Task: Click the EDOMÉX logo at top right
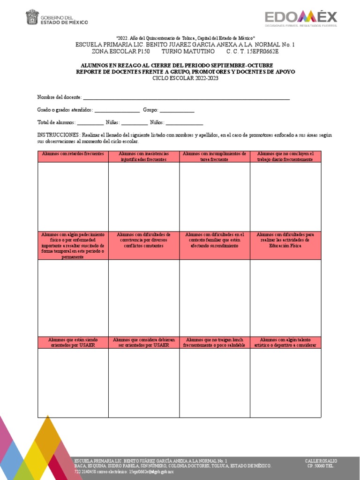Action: click(300, 19)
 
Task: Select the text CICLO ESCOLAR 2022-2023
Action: click(185, 78)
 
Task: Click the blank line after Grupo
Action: click(177, 110)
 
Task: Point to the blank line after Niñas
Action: click(134, 123)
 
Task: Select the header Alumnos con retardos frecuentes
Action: click(73, 154)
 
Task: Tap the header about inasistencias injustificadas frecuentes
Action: click(144, 157)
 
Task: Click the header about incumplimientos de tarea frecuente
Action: click(214, 157)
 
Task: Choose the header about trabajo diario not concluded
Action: click(285, 157)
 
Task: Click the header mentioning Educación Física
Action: click(285, 240)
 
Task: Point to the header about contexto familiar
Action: click(214, 240)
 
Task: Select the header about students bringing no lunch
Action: click(214, 342)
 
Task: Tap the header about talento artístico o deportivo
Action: click(285, 342)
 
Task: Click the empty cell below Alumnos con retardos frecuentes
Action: click(73, 196)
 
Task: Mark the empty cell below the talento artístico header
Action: click(285, 382)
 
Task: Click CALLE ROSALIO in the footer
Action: click(321, 461)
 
